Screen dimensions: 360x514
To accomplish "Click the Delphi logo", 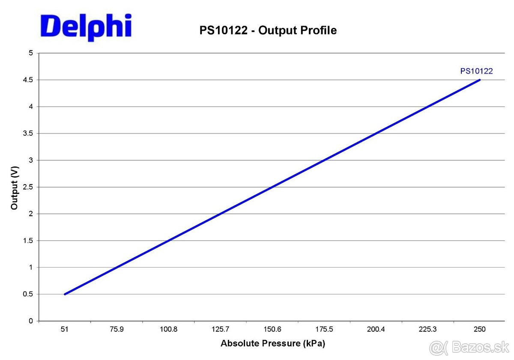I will click(x=86, y=27).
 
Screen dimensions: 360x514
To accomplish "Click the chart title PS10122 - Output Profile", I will click(x=268, y=30).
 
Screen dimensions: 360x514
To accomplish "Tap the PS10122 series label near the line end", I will click(x=476, y=71).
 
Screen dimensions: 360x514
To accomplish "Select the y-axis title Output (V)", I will click(x=15, y=187).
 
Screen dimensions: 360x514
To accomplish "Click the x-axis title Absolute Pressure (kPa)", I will click(x=272, y=343).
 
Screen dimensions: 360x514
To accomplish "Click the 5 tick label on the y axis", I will click(x=30, y=53).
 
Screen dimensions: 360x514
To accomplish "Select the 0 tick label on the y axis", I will click(x=30, y=321).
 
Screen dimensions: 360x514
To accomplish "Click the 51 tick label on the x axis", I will click(x=65, y=329).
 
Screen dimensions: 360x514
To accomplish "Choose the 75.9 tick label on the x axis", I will click(x=117, y=329).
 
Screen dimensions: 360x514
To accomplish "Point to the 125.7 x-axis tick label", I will click(x=220, y=329).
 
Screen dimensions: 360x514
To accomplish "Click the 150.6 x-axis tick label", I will click(x=272, y=329).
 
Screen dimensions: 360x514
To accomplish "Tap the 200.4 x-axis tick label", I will click(x=376, y=329).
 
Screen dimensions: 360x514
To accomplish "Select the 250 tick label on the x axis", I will click(x=479, y=329).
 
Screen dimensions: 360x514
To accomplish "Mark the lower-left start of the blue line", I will click(x=65, y=294).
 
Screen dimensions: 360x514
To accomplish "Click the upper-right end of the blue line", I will click(x=480, y=80).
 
